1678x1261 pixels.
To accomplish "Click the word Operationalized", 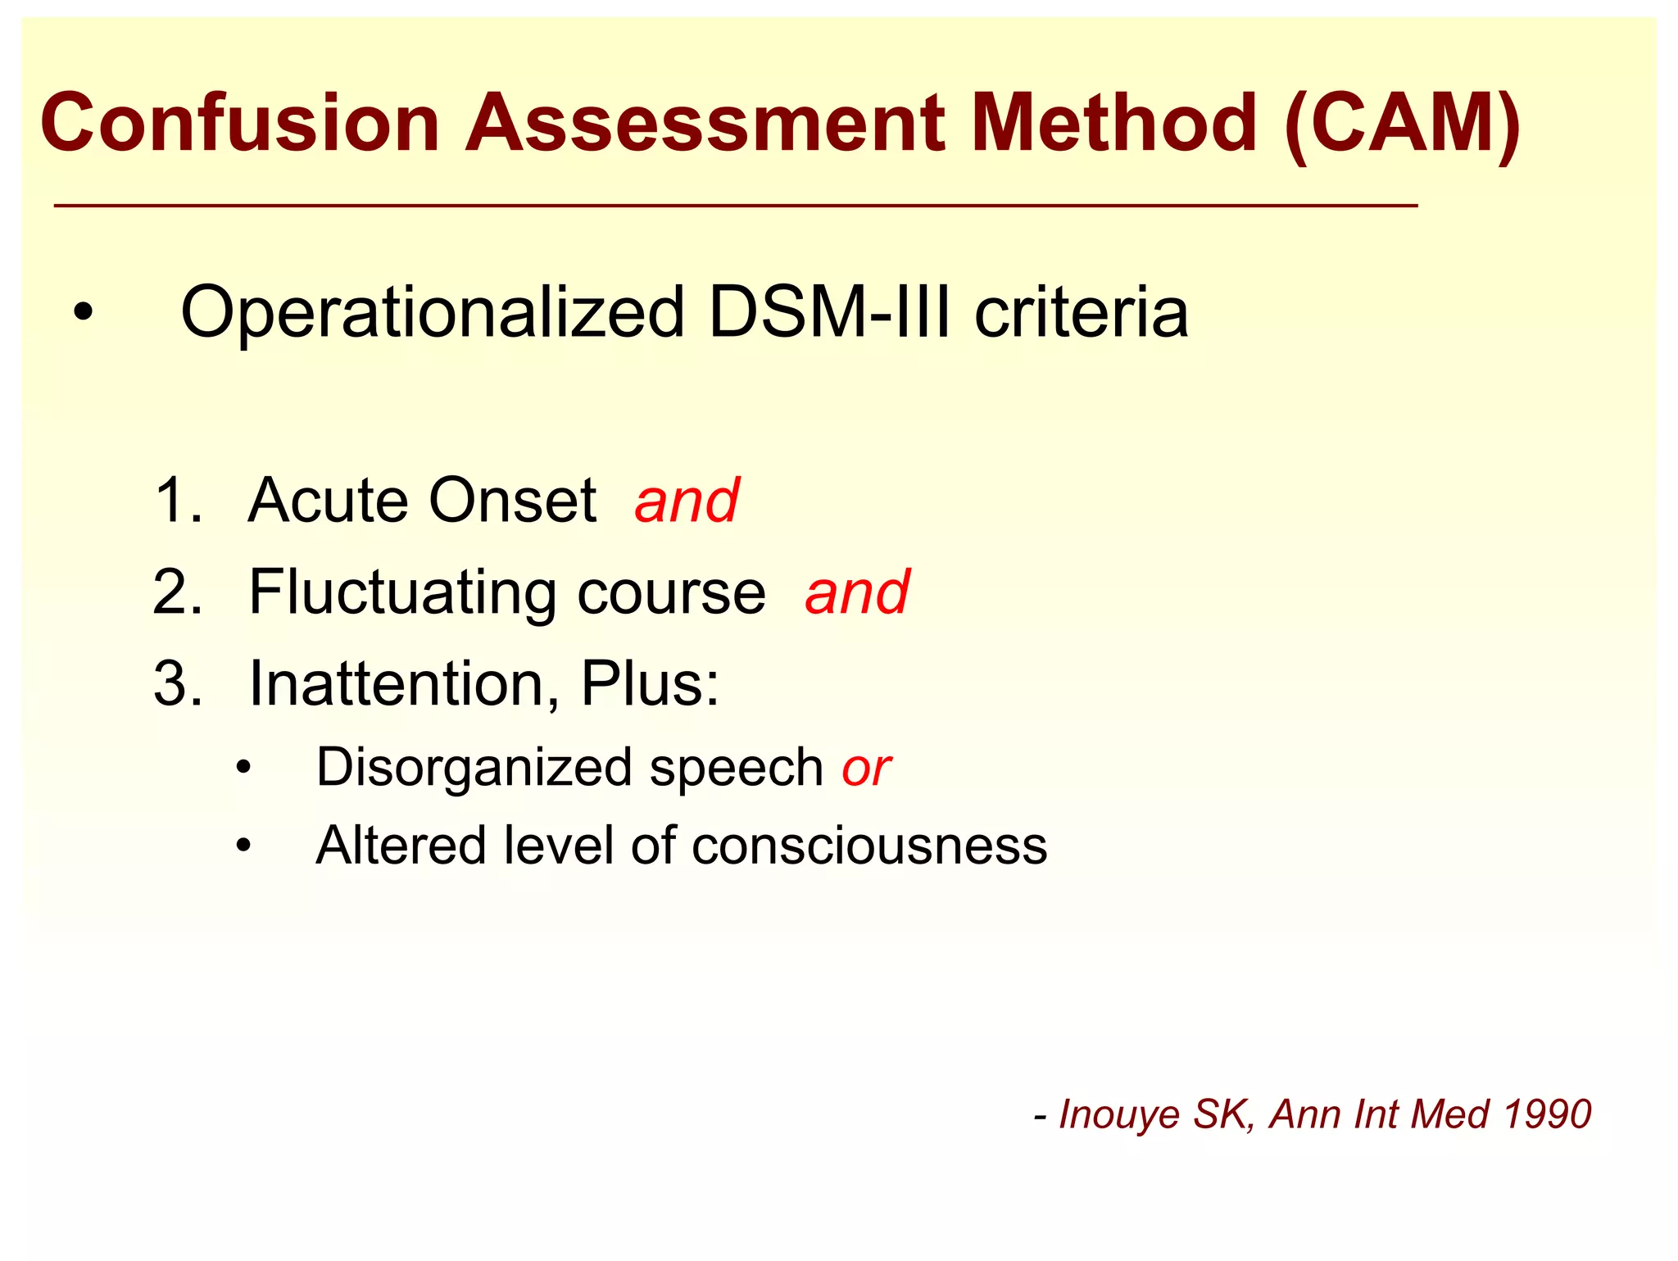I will click(432, 313).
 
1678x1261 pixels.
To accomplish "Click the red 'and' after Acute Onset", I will click(687, 501).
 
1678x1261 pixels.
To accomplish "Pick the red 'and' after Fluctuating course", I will click(856, 592).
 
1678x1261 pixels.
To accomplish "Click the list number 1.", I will click(175, 501).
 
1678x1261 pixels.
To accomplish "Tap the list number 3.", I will click(177, 684).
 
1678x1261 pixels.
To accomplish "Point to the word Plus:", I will click(650, 684).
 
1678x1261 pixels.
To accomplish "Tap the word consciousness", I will click(868, 846).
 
